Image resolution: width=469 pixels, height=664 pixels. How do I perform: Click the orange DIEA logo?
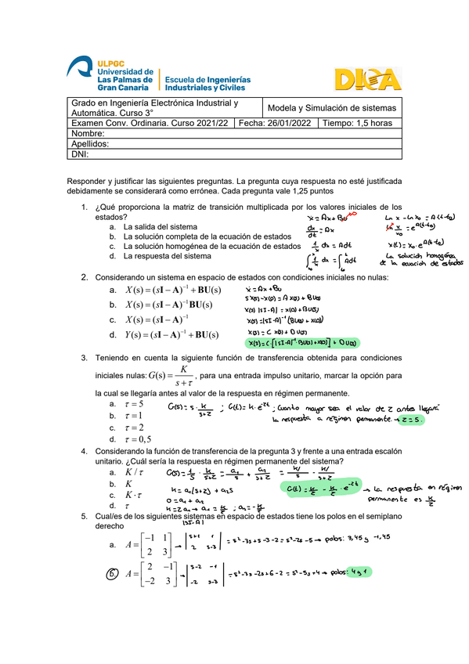[x=367, y=78]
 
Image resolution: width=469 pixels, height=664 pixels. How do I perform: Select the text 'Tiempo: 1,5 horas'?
[x=357, y=123]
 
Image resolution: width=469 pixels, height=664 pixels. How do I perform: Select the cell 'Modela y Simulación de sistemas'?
[x=332, y=108]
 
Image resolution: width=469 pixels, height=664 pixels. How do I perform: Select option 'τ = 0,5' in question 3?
[x=138, y=439]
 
